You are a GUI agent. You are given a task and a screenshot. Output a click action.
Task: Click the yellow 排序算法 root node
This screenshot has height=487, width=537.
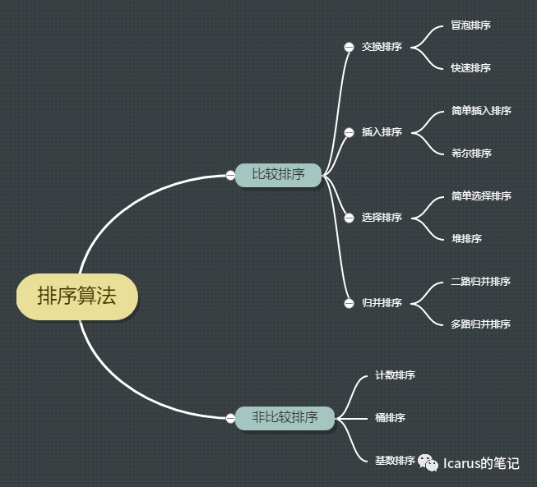click(76, 296)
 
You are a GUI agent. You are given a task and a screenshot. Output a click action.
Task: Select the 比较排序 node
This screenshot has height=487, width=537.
click(278, 174)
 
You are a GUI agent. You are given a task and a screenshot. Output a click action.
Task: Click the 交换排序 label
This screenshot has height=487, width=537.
click(382, 47)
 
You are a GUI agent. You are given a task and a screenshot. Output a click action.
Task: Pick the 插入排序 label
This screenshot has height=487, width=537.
click(382, 132)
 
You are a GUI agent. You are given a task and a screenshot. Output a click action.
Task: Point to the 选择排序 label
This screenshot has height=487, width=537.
click(382, 218)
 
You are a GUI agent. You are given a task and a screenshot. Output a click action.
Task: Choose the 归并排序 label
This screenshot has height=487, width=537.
click(382, 303)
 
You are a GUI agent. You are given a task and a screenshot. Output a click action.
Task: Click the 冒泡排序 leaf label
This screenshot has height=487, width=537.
click(470, 25)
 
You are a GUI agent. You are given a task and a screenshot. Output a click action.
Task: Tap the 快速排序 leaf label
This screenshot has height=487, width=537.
click(470, 68)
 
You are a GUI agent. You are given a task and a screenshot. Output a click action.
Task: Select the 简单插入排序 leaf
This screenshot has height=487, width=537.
click(481, 111)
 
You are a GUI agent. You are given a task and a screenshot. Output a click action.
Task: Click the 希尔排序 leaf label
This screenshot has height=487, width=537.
click(470, 154)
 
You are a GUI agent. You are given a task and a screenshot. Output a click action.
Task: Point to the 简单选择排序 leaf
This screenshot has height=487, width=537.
click(481, 196)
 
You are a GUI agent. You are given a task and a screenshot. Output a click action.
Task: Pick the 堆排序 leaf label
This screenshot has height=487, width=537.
click(466, 239)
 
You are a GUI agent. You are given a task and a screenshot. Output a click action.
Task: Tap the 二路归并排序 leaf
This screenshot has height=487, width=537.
click(481, 282)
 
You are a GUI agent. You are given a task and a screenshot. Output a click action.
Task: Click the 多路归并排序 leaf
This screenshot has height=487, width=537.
click(481, 324)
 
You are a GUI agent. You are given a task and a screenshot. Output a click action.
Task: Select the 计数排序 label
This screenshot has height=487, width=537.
click(395, 375)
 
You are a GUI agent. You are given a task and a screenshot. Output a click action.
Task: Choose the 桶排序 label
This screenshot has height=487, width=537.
click(390, 418)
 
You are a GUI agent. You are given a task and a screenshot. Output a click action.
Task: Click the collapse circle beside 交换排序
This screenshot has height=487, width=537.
click(349, 47)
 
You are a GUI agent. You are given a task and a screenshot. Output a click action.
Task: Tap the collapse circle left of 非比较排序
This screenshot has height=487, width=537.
click(230, 418)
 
